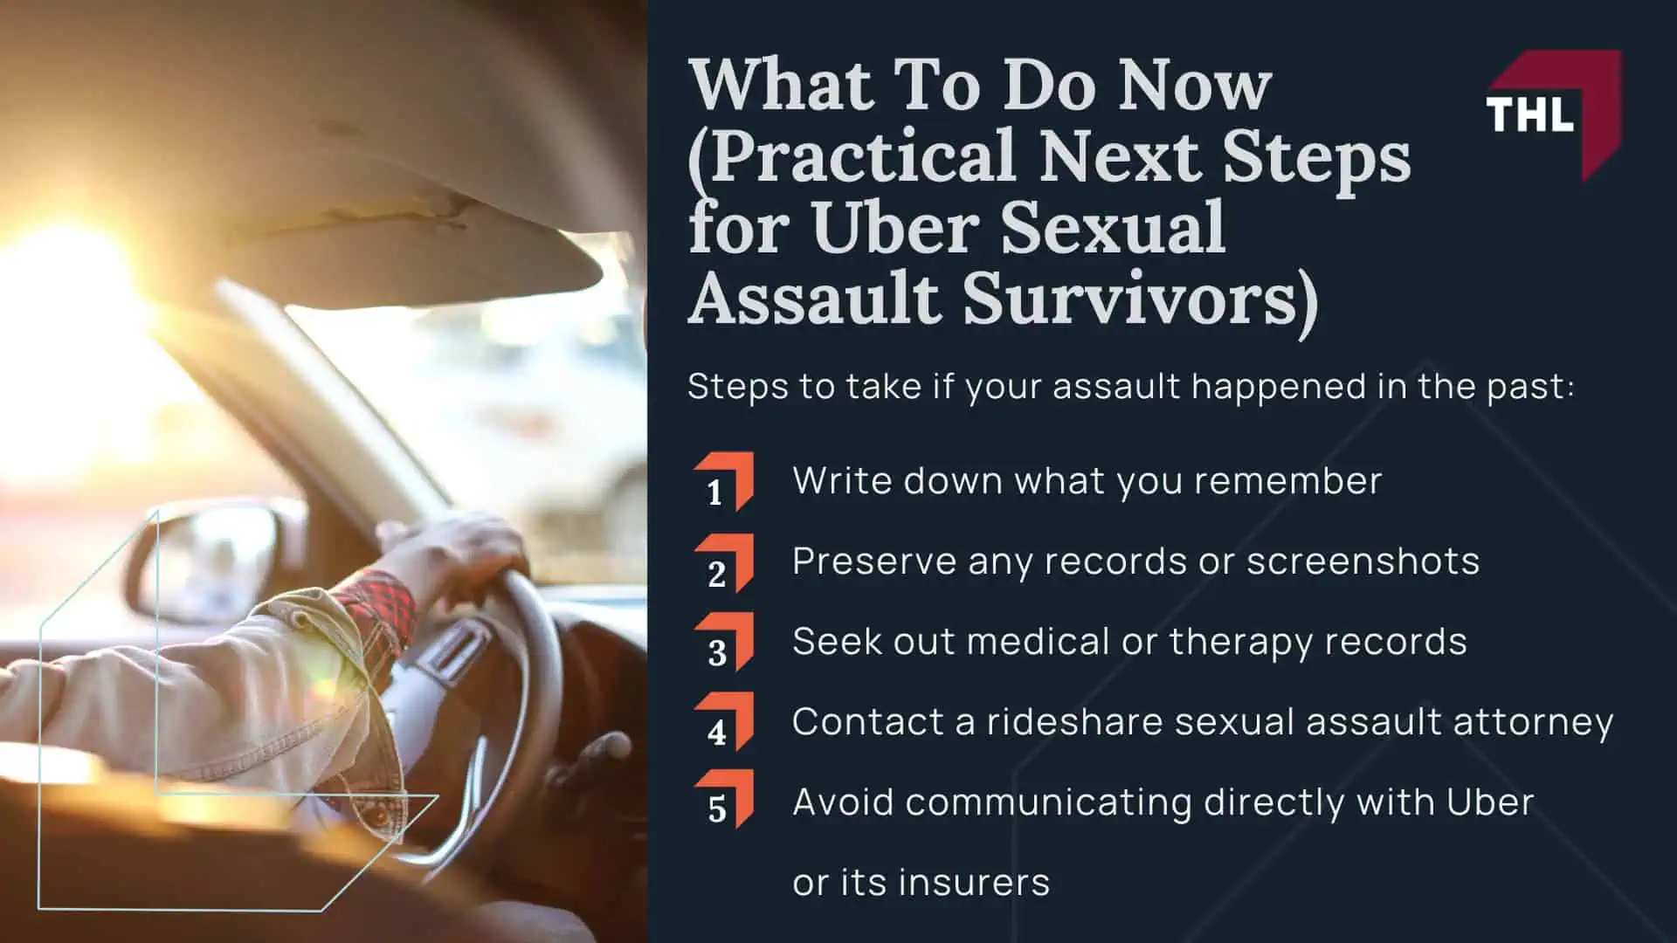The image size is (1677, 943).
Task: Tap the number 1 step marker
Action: click(x=723, y=482)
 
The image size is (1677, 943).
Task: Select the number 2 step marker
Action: click(x=723, y=563)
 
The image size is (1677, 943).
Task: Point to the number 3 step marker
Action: click(x=723, y=643)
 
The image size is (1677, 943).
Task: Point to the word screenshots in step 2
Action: click(x=1363, y=561)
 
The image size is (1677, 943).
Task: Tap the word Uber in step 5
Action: click(x=1490, y=802)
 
